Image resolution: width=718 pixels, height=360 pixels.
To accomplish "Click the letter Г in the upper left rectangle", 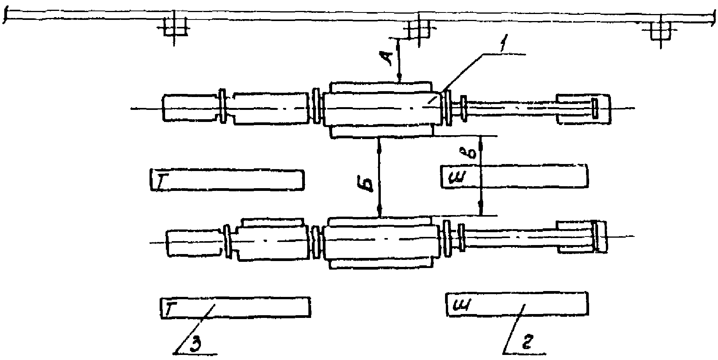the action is point(160,180).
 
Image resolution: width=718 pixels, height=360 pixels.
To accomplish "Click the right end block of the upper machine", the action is point(583,109).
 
